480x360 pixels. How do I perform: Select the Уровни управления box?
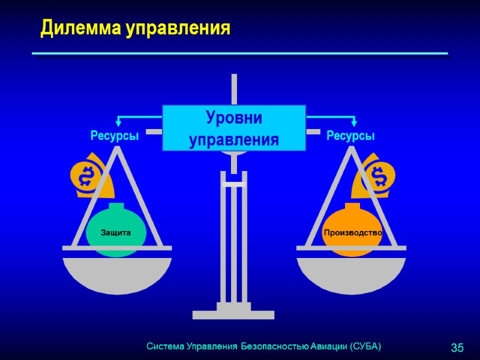pos(234,128)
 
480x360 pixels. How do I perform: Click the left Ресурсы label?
pos(115,136)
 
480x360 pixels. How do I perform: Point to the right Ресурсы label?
pos(350,136)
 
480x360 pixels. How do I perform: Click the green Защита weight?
pos(116,233)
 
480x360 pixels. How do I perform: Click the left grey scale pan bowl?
pos(117,273)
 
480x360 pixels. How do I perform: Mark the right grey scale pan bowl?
pos(351,273)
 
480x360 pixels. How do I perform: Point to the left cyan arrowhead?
pos(119,124)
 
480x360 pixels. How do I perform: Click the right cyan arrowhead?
pos(354,124)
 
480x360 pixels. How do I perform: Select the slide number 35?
pos(457,348)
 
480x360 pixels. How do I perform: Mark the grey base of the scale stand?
pos(233,313)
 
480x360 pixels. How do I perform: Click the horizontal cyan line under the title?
pos(240,54)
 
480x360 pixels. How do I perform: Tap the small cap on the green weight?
pos(116,207)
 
